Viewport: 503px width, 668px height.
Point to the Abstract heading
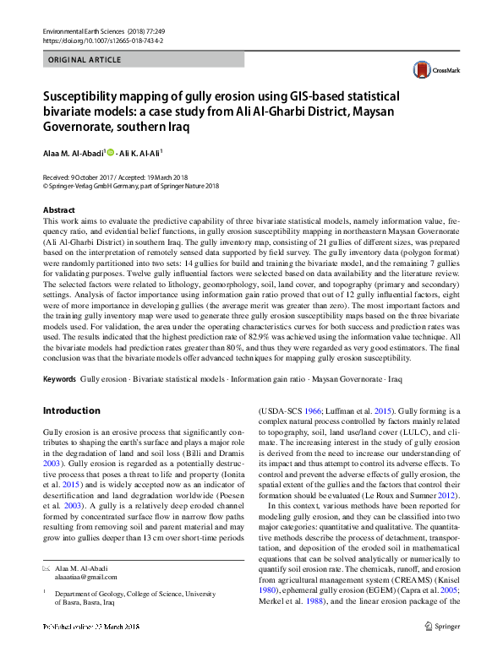coord(58,209)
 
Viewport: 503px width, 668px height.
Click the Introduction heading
coord(71,410)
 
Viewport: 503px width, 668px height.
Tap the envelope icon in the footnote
coord(46,568)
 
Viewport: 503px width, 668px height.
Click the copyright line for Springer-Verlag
coord(130,187)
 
